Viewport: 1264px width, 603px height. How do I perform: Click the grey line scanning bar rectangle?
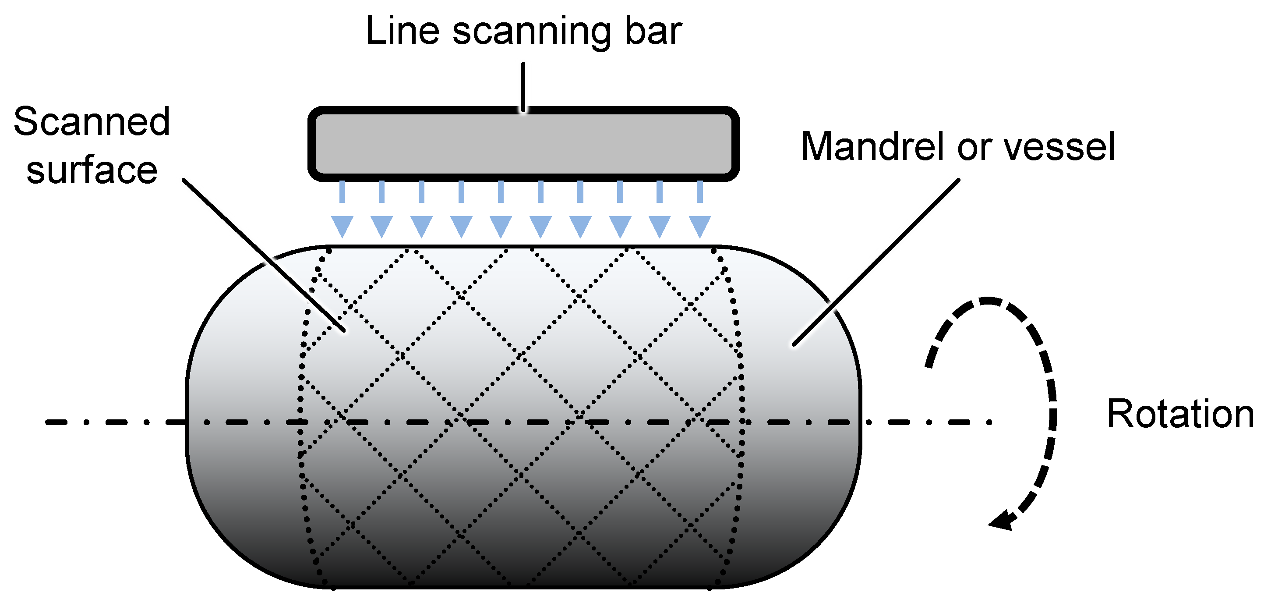[523, 143]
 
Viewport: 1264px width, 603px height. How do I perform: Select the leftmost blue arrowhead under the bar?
[342, 227]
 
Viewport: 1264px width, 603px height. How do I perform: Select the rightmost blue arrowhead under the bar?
[700, 227]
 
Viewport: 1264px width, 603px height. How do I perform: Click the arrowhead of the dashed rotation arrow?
[1003, 521]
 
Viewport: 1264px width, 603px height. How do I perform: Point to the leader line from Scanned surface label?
[264, 255]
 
